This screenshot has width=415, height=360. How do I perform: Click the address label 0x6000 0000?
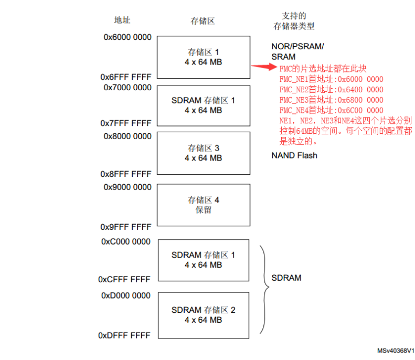[x=127, y=37]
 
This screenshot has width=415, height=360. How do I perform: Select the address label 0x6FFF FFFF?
[x=126, y=77]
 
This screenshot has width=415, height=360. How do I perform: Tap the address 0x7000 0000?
[x=127, y=88]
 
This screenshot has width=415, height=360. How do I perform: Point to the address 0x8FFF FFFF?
[x=126, y=174]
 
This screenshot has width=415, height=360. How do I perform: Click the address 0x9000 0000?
[x=127, y=186]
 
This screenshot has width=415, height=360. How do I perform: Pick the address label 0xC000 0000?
[x=126, y=242]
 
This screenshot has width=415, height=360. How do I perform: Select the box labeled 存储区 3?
[x=204, y=153]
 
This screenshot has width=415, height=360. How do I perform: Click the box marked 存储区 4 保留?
[x=204, y=205]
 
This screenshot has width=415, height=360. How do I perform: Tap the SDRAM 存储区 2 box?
[x=204, y=315]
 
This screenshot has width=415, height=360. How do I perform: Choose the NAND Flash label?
[x=294, y=155]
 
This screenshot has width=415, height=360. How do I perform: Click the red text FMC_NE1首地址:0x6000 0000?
[x=331, y=79]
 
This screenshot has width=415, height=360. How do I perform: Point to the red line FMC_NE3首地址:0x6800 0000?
[x=331, y=100]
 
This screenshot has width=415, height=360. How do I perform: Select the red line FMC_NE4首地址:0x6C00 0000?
[x=331, y=110]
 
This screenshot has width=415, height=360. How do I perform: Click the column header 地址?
[x=122, y=20]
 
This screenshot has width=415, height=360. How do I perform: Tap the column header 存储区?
[x=203, y=22]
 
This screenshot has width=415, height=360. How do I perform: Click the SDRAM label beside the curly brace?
[x=286, y=278]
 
